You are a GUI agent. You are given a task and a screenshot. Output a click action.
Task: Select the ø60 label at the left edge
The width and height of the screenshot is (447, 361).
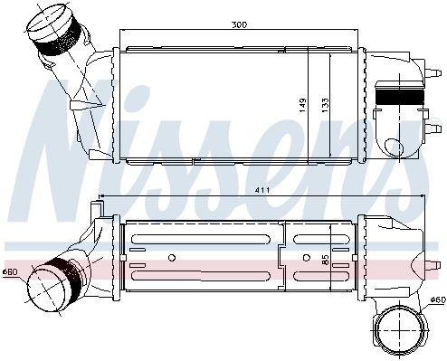pyautogui.click(x=9, y=271)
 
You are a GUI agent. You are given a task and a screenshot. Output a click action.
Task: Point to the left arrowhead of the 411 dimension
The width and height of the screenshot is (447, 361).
pyautogui.click(x=100, y=195)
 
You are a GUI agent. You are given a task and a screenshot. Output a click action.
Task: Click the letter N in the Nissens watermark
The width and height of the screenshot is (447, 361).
pyautogui.click(x=63, y=136)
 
